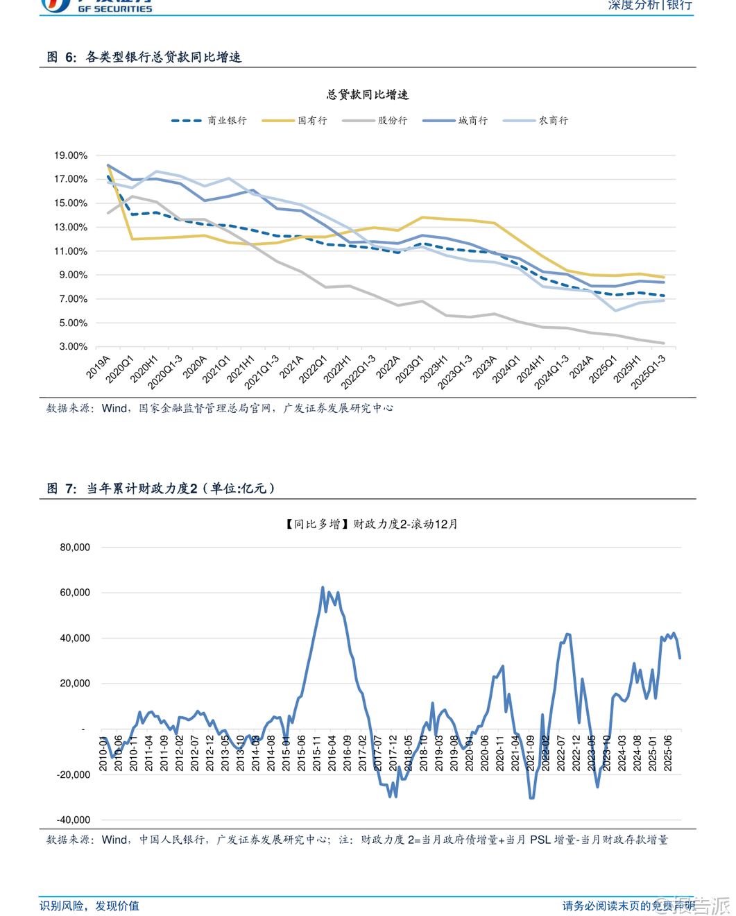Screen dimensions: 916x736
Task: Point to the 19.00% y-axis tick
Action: point(71,155)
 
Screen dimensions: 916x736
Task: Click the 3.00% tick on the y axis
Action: point(73,346)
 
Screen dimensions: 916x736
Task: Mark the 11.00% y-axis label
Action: point(71,251)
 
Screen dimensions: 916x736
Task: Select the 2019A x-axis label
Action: point(99,367)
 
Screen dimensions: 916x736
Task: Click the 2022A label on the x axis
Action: point(388,367)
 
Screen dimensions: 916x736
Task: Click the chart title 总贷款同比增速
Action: point(368,94)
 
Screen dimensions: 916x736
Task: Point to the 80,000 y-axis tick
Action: point(75,548)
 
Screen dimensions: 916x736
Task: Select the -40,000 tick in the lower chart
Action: point(74,820)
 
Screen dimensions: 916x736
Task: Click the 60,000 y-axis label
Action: point(75,593)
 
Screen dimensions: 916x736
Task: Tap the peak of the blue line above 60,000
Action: point(323,587)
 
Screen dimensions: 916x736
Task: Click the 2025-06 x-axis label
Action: point(668,754)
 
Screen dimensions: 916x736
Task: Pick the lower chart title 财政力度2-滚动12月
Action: point(371,524)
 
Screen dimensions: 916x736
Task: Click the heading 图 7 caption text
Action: point(161,489)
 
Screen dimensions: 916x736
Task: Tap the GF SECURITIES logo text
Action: point(114,9)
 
